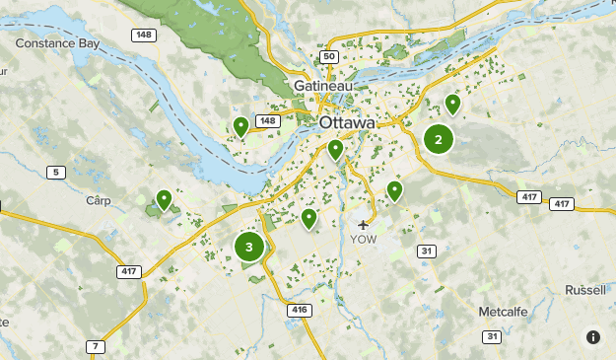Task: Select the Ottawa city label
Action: pyautogui.click(x=347, y=122)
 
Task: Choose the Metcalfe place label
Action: pyautogui.click(x=505, y=312)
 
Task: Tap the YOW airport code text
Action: pyautogui.click(x=363, y=240)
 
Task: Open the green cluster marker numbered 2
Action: pyautogui.click(x=439, y=139)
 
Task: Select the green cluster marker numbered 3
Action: pyautogui.click(x=249, y=247)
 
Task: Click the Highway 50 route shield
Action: pyautogui.click(x=329, y=57)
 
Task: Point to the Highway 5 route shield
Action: pyautogui.click(x=56, y=173)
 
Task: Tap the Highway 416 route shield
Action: pyautogui.click(x=299, y=310)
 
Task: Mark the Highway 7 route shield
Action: pyautogui.click(x=95, y=346)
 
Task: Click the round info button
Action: pyautogui.click(x=593, y=337)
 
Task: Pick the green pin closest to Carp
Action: pyautogui.click(x=164, y=200)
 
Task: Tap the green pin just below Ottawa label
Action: pyautogui.click(x=335, y=149)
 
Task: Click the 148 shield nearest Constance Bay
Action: pyautogui.click(x=144, y=36)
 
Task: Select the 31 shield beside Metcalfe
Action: pyautogui.click(x=491, y=337)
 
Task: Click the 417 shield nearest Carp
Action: pyautogui.click(x=129, y=271)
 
